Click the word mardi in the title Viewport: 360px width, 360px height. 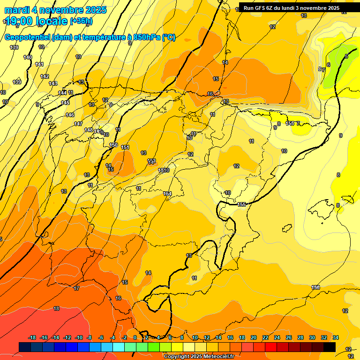[x=17, y=10]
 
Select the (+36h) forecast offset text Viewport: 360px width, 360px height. [x=81, y=21]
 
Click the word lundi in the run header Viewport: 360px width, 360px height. [x=295, y=8]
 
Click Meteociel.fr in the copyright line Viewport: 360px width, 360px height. [x=215, y=357]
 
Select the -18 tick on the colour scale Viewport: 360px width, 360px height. [x=32, y=337]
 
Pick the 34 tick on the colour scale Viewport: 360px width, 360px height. [x=335, y=337]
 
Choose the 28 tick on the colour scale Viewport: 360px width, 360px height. [x=300, y=337]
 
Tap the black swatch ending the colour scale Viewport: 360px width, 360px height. [x=330, y=347]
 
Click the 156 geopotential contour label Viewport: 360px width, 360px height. [x=315, y=287]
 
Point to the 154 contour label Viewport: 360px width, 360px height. [x=167, y=194]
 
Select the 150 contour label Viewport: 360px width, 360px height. [x=113, y=145]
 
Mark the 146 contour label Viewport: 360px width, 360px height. [x=70, y=115]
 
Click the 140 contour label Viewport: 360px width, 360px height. [x=28, y=57]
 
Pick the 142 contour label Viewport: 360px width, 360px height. [x=45, y=76]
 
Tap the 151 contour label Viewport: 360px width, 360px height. [x=125, y=148]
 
